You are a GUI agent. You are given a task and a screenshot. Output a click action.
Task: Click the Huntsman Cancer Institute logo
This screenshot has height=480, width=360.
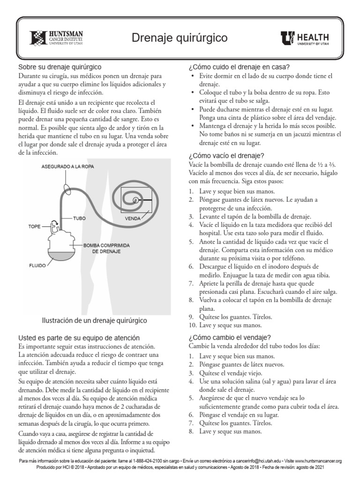(x=57, y=38)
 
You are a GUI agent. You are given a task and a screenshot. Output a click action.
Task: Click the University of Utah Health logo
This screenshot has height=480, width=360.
(x=305, y=38)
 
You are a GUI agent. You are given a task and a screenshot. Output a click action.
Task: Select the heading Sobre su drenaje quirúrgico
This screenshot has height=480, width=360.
(x=60, y=67)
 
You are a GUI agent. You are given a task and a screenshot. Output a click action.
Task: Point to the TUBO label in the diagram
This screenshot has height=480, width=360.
(x=79, y=218)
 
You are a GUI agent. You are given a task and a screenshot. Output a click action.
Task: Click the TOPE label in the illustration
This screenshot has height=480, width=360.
(x=35, y=226)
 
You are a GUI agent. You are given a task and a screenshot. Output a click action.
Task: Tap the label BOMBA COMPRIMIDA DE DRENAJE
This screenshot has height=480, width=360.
(x=106, y=248)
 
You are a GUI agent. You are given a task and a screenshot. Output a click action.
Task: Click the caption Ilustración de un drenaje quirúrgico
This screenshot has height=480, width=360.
(x=94, y=321)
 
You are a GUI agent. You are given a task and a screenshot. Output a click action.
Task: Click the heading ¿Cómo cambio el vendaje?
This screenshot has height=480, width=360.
(x=229, y=337)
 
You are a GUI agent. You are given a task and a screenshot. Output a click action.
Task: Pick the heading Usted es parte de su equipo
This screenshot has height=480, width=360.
(x=78, y=338)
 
